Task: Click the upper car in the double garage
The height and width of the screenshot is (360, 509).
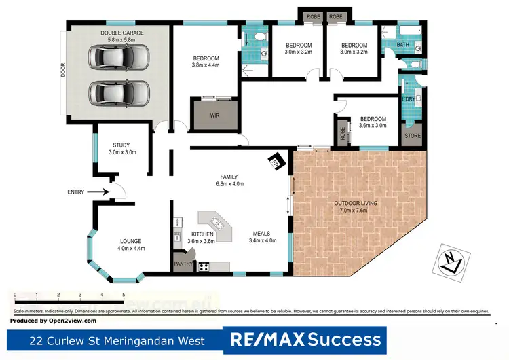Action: point(121,60)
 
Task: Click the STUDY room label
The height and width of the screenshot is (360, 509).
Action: point(122,148)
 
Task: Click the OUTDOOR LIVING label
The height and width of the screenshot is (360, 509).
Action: point(356,207)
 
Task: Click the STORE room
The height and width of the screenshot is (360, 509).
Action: point(413,136)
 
